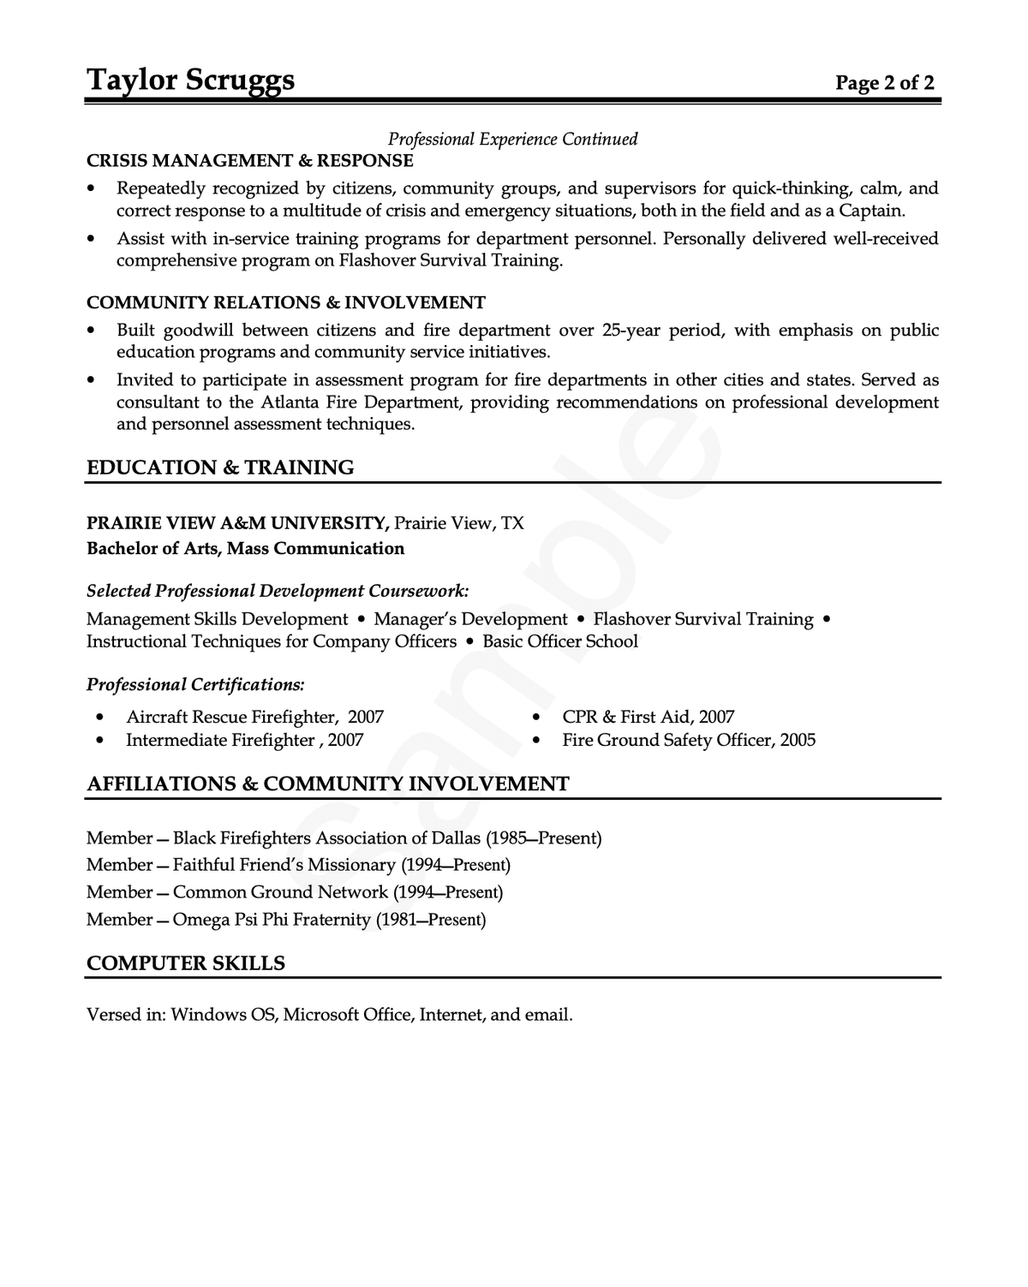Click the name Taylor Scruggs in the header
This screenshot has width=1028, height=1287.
pyautogui.click(x=190, y=80)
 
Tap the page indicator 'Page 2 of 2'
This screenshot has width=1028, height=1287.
pyautogui.click(x=885, y=82)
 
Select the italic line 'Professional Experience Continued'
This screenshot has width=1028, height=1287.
pyautogui.click(x=512, y=139)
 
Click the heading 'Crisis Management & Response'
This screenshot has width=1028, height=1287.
pyautogui.click(x=249, y=161)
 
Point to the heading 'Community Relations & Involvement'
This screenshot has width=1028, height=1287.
pyautogui.click(x=285, y=302)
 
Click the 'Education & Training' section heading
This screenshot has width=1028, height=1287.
pyautogui.click(x=220, y=468)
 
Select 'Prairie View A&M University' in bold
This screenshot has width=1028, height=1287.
pyautogui.click(x=237, y=523)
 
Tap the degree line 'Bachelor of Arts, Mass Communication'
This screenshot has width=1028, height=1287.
pyautogui.click(x=245, y=548)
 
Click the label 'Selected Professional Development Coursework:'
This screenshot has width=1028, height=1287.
pyautogui.click(x=278, y=591)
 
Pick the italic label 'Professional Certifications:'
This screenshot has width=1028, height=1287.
pyautogui.click(x=195, y=684)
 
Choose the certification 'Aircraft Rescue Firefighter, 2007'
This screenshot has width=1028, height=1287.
pyautogui.click(x=254, y=717)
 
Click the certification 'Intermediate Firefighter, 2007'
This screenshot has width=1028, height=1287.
pyautogui.click(x=244, y=740)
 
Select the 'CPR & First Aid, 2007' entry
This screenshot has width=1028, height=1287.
pyautogui.click(x=648, y=717)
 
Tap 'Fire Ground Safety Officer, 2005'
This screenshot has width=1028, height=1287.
pyautogui.click(x=689, y=740)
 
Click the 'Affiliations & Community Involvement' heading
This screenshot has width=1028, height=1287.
pyautogui.click(x=327, y=784)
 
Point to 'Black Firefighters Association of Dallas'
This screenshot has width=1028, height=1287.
pyautogui.click(x=326, y=838)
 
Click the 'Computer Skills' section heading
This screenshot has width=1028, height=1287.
pyautogui.click(x=185, y=963)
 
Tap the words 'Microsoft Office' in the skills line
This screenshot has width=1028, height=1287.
pyautogui.click(x=347, y=1015)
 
